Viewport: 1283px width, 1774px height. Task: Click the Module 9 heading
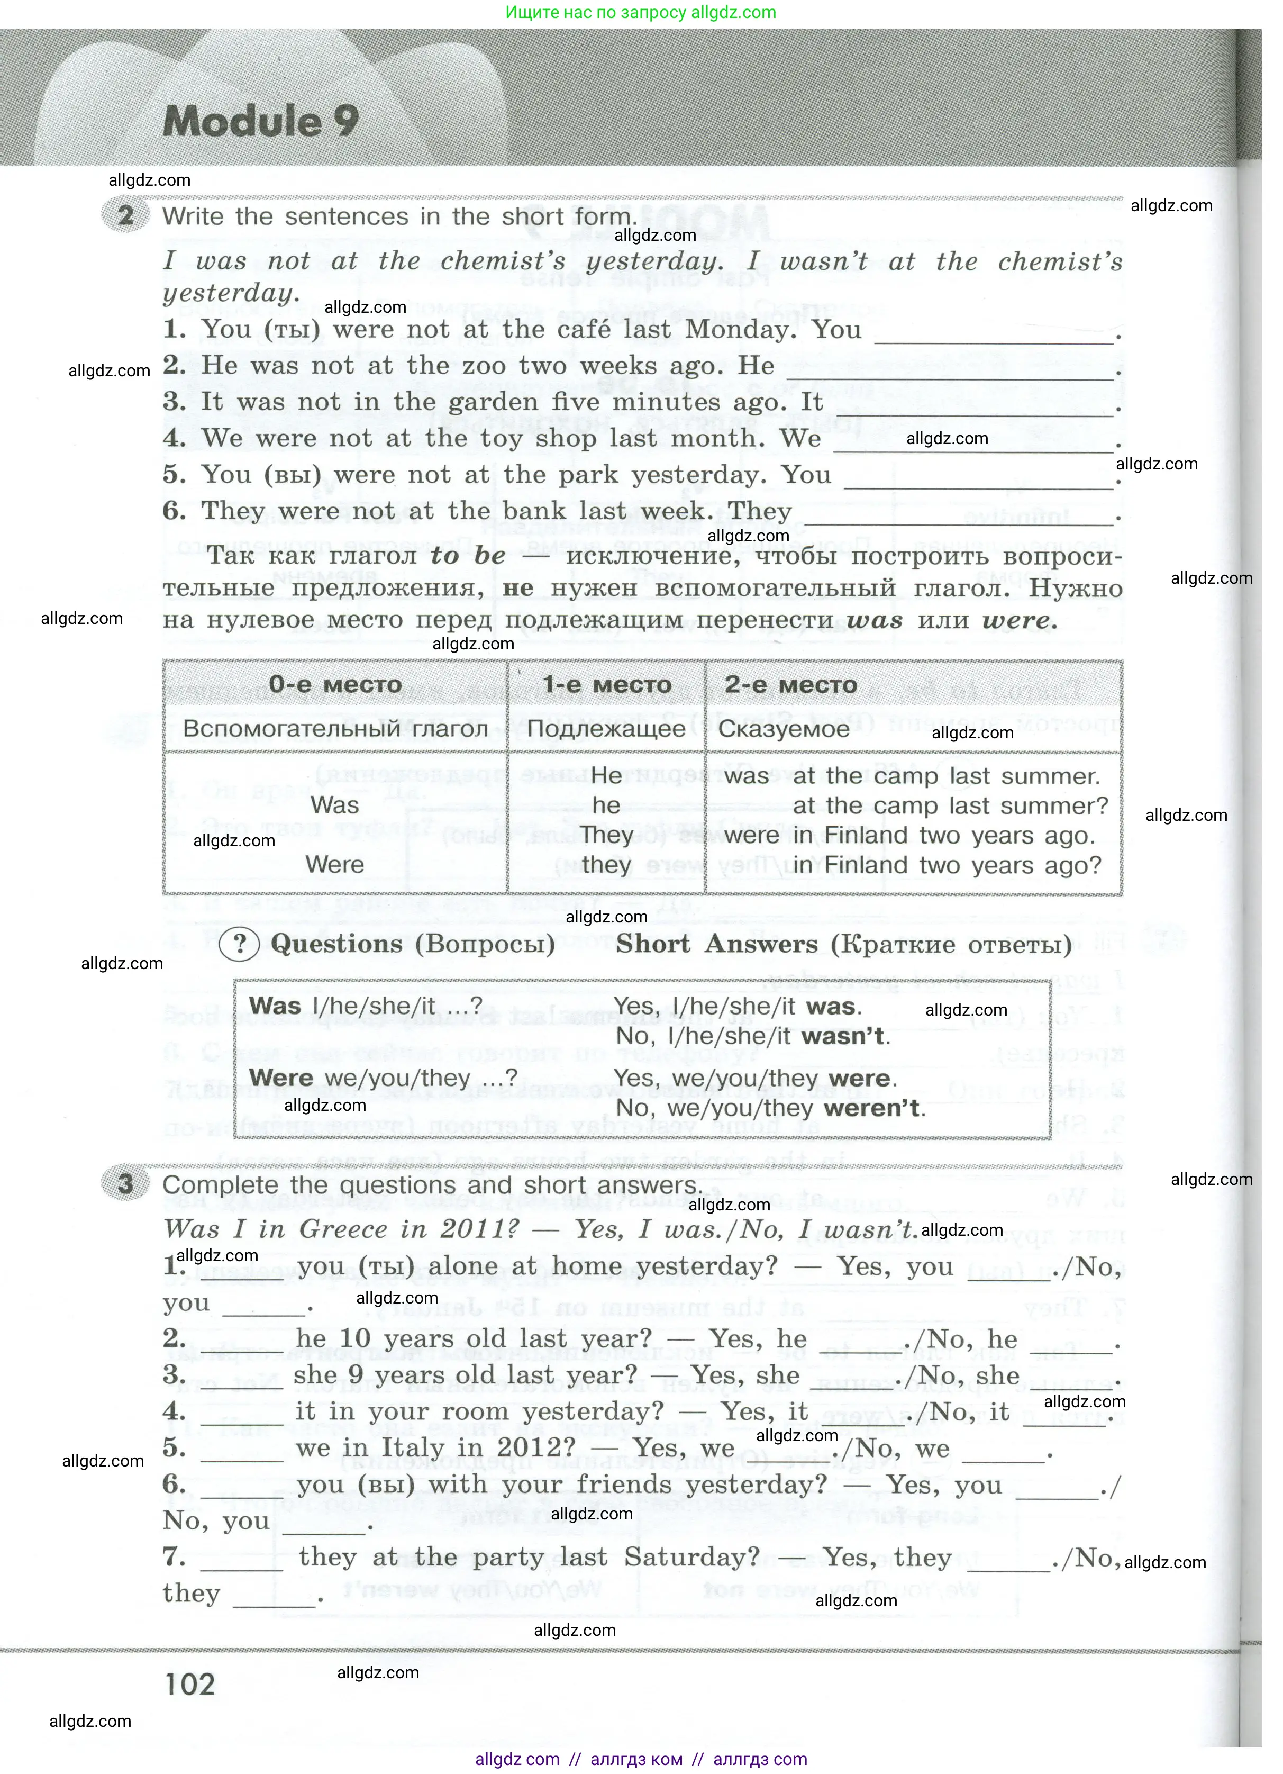pos(260,121)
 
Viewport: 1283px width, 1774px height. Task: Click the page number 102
pos(190,1684)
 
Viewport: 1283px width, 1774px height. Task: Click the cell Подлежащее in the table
pos(606,728)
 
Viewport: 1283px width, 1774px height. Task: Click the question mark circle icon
pos(240,944)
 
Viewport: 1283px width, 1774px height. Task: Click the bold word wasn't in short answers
pos(845,1036)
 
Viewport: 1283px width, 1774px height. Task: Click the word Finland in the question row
pos(865,865)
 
